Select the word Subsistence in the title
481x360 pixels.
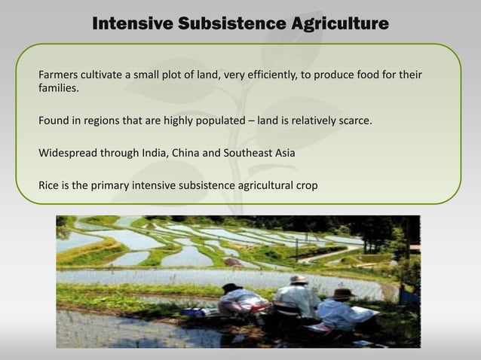tap(231, 24)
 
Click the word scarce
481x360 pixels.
tap(354, 121)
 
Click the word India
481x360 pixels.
tap(155, 153)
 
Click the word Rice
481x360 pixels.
tap(50, 185)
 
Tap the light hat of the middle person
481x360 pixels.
tap(299, 280)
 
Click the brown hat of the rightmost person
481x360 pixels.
tap(343, 293)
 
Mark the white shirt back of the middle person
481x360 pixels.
tap(296, 301)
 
